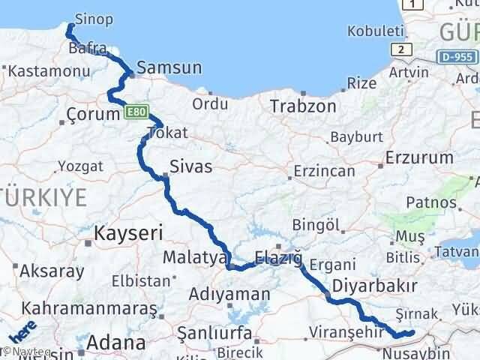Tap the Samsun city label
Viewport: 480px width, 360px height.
point(169,68)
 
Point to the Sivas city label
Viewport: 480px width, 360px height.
point(191,166)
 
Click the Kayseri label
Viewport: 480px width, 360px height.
point(128,234)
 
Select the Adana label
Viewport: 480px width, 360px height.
point(115,344)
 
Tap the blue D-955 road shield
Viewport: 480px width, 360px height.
point(457,55)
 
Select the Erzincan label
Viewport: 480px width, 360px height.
point(324,171)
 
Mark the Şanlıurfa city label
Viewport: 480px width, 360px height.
point(213,330)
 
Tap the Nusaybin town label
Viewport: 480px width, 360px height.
point(416,352)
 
